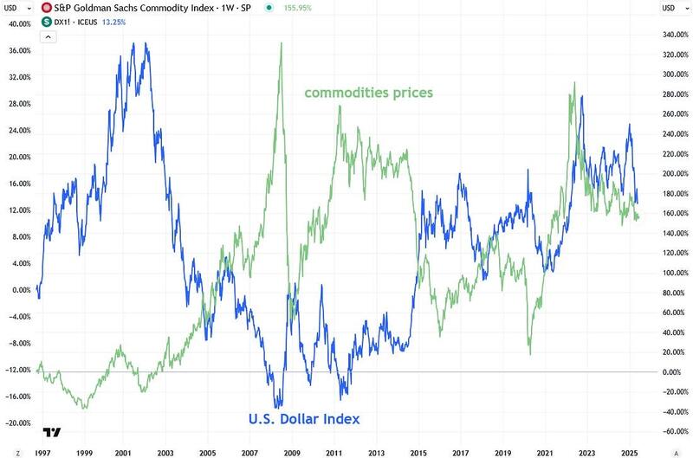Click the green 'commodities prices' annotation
(x=368, y=92)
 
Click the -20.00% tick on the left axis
(x=19, y=423)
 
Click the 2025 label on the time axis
(x=628, y=452)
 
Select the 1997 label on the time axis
(x=42, y=452)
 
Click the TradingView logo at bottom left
(x=53, y=432)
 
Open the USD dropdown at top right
(x=672, y=8)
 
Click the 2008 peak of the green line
(x=282, y=43)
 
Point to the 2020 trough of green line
(x=530, y=353)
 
